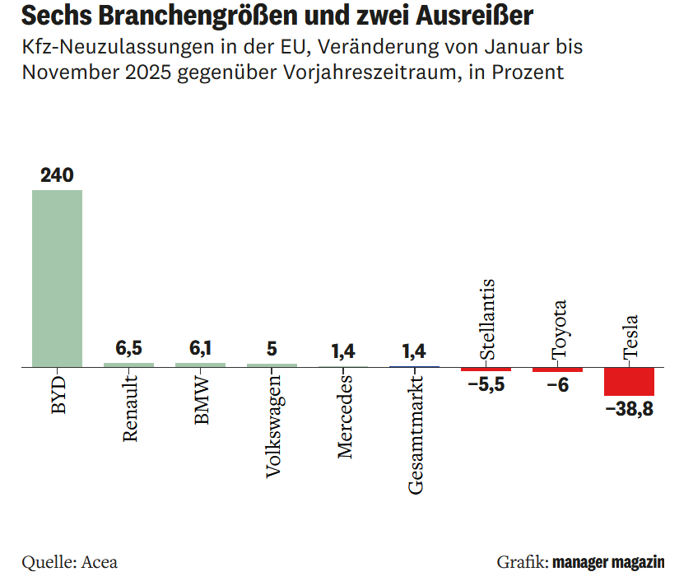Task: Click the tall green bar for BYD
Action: tap(57, 278)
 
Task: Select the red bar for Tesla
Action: tap(629, 383)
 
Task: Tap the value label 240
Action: tap(57, 175)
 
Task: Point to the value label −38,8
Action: tap(629, 409)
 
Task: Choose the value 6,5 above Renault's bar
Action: tap(128, 349)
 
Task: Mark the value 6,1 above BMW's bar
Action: tap(200, 349)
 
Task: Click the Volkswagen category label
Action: tap(273, 425)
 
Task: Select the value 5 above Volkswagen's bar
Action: tap(272, 349)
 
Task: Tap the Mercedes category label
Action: tap(345, 416)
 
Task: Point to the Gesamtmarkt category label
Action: tap(416, 433)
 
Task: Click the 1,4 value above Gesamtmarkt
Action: tap(414, 351)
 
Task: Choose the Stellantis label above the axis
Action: tap(486, 319)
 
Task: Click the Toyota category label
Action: tap(559, 329)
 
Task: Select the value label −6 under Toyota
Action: tap(557, 386)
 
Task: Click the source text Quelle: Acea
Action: tap(70, 563)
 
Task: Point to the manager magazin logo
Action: tap(608, 563)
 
